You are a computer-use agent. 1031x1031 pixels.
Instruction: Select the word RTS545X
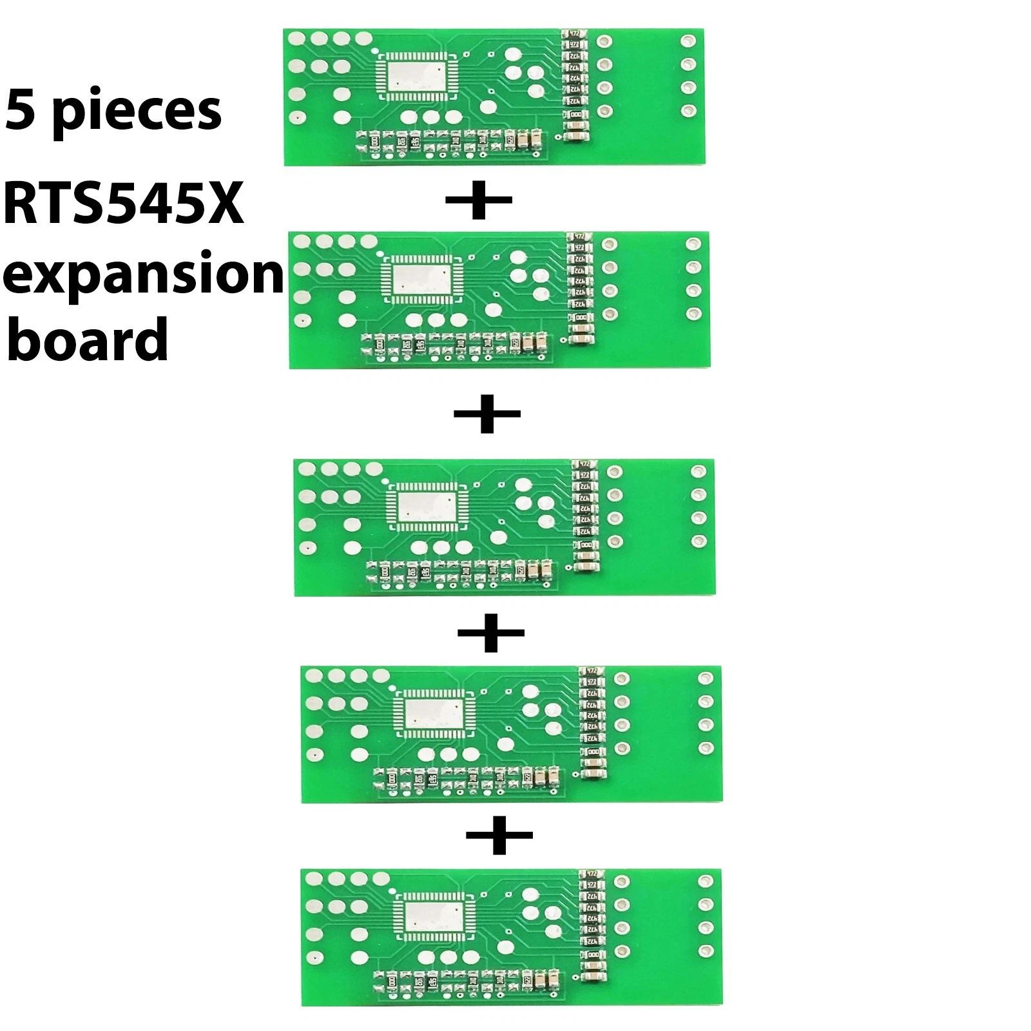[x=124, y=203]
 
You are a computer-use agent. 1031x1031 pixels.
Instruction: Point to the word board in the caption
[x=88, y=340]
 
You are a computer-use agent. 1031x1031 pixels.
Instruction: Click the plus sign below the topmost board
[x=479, y=199]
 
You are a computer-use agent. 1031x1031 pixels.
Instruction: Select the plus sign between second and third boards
[x=487, y=414]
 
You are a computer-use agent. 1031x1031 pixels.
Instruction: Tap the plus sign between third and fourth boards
[x=491, y=632]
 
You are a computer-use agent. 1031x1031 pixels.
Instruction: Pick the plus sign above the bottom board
[x=499, y=835]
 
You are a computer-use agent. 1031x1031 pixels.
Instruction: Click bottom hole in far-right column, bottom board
[x=706, y=950]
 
